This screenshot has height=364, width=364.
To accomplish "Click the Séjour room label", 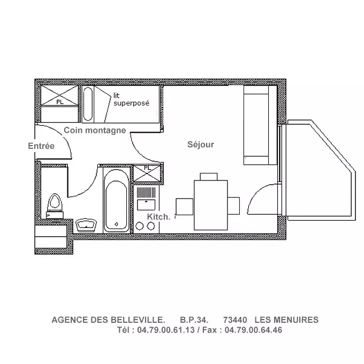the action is (201, 145).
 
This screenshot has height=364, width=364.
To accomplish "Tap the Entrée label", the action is (41, 146).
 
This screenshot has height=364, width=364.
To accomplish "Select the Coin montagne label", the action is (95, 131).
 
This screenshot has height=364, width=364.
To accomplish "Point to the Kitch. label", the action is (159, 217).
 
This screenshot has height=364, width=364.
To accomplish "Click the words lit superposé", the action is (131, 100).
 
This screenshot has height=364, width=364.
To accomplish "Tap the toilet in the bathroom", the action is (55, 206).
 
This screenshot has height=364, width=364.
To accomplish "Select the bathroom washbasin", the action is (86, 225).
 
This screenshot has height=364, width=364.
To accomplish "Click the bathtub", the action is (116, 200).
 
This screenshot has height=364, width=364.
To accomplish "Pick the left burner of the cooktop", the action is (140, 226).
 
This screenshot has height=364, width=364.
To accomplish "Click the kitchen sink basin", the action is (146, 204).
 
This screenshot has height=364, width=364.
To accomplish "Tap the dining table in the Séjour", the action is (210, 205).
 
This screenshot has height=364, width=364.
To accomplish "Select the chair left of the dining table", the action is (184, 207).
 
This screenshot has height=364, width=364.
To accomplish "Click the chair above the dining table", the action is (208, 177).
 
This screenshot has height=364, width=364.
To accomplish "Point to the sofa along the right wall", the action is (260, 125).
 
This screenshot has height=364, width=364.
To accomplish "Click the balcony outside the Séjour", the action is (320, 170).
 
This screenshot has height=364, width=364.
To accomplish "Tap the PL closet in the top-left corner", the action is (59, 96).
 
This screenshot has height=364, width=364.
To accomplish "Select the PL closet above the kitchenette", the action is (147, 173).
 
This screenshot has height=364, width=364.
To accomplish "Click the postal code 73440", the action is (235, 320).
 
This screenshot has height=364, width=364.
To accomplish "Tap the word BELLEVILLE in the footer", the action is (136, 320).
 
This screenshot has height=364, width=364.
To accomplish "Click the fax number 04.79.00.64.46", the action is (253, 330).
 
